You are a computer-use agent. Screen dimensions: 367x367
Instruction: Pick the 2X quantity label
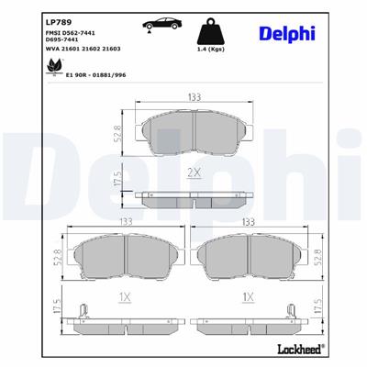195,172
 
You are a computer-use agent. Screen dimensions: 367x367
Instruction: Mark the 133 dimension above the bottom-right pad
249,222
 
